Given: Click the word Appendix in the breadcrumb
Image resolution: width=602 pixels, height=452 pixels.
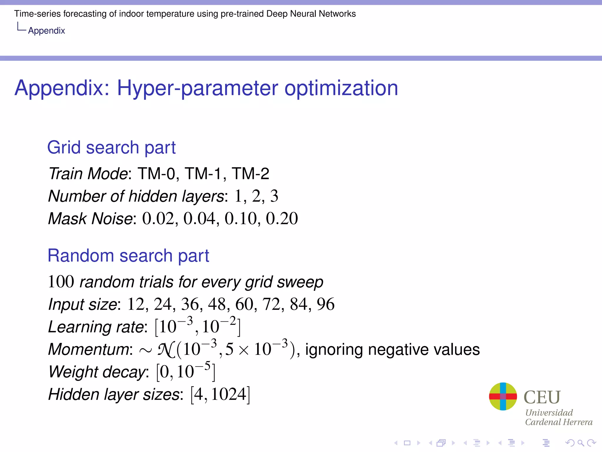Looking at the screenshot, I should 46,31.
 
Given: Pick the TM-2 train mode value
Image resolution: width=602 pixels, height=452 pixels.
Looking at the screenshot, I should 250,173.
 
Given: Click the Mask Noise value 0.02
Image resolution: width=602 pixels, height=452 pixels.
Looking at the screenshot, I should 158,219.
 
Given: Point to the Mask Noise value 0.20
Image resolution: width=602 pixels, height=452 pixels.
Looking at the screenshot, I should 282,219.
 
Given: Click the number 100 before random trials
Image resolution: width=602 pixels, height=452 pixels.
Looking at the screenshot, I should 61,282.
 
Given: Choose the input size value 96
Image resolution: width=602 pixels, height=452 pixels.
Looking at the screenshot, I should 325,304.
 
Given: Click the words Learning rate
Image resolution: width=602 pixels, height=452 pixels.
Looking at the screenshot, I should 96,327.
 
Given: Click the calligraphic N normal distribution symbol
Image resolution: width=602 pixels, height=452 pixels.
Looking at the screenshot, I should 166,350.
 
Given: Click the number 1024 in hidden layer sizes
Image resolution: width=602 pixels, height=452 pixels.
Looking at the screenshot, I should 228,395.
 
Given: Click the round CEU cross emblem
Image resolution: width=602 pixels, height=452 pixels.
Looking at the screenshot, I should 503,396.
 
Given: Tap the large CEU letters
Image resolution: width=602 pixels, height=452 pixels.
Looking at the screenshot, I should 542,397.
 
